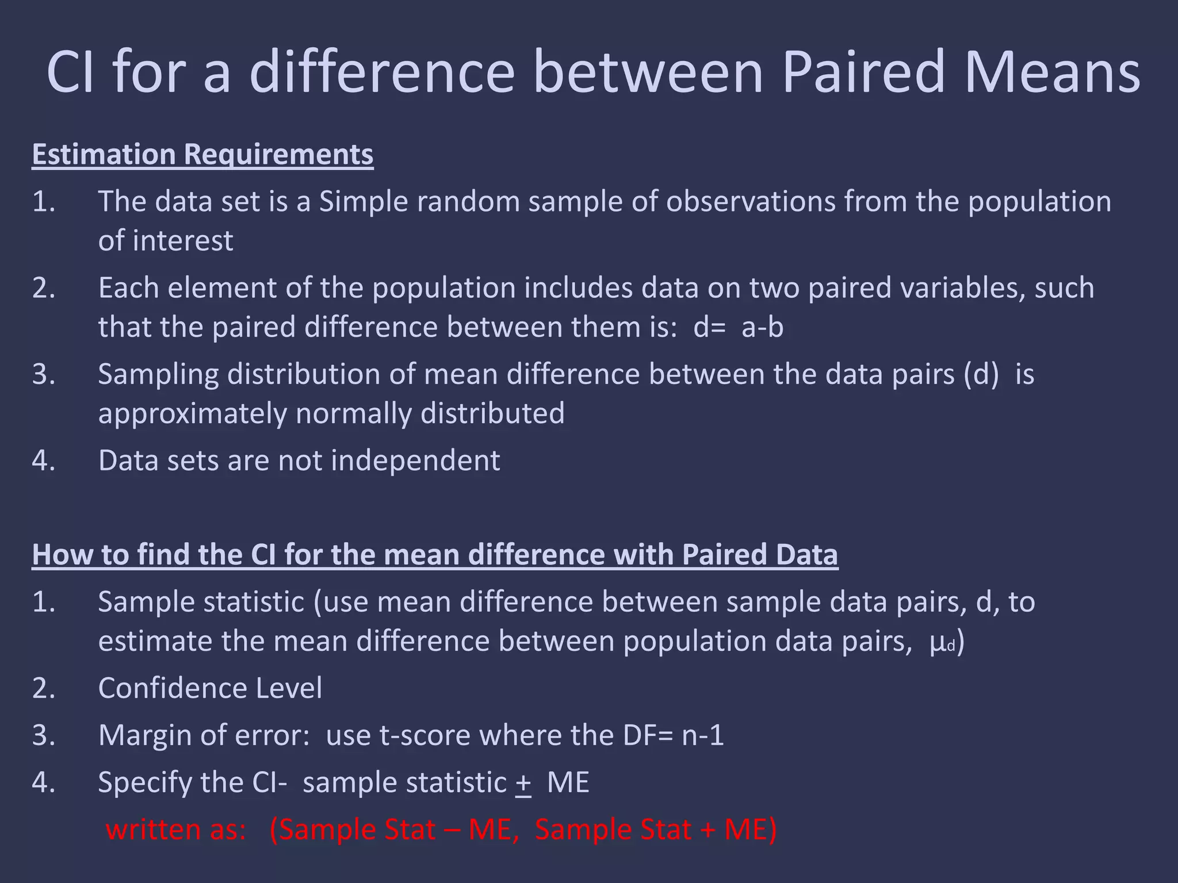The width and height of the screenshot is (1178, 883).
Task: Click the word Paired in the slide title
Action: point(863,72)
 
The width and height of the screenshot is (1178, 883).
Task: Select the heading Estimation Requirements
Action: point(202,155)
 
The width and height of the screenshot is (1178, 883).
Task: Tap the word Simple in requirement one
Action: point(363,202)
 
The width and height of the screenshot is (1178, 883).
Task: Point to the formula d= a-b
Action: point(738,327)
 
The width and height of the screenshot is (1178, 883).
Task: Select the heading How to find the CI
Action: point(434,555)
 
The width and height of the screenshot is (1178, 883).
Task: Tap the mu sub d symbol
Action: point(942,642)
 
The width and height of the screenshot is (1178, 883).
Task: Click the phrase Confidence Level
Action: point(210,688)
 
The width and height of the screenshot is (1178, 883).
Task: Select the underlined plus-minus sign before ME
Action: point(523,783)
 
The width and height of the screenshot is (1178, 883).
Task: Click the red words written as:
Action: point(176,830)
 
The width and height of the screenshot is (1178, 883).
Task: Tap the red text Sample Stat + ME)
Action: point(656,830)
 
